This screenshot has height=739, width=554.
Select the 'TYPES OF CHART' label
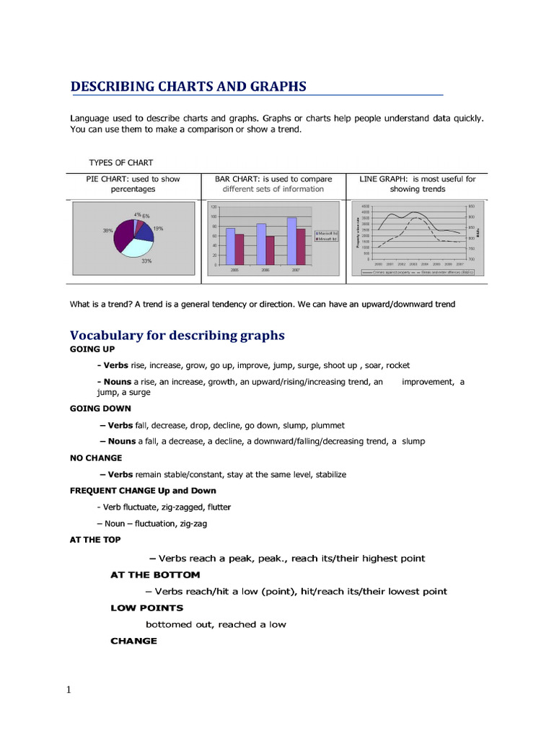pos(120,162)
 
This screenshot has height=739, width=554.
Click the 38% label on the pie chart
pos(107,231)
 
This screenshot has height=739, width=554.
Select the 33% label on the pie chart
pos(146,261)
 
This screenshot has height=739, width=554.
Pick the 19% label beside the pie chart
pos(158,229)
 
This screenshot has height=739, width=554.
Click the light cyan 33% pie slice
pos(136,246)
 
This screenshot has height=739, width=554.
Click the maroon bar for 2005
pos(239,249)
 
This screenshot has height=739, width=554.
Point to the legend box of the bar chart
pos(327,235)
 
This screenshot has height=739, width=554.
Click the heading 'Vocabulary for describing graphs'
pos(177,336)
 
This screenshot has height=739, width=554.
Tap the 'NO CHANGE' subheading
pos(96,458)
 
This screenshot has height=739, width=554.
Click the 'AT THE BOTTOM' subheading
pos(155,575)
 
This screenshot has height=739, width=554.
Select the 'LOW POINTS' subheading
pos(146,608)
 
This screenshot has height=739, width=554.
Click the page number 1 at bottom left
pos(69,690)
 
